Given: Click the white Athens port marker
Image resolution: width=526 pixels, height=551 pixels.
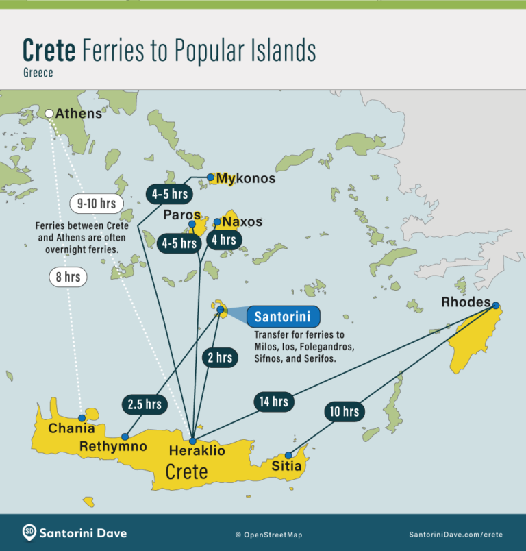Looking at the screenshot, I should (49, 114).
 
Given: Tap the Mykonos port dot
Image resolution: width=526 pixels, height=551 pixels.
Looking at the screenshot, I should (210, 177).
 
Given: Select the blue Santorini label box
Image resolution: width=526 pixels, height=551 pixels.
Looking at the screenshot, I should (283, 317).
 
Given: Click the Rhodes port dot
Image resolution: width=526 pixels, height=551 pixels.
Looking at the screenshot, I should (495, 306).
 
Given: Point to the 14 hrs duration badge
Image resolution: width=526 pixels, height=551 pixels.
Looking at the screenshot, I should (274, 402).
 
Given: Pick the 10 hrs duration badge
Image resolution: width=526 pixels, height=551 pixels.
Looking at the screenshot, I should (343, 411).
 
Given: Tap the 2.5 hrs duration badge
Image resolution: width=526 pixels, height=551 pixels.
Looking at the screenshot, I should (144, 404).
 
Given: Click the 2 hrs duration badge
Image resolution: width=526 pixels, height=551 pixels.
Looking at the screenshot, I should (219, 357).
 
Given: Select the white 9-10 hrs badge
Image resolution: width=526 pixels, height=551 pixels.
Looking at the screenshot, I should (97, 204).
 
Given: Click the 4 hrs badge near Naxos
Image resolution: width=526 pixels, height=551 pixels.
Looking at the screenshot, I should (223, 240).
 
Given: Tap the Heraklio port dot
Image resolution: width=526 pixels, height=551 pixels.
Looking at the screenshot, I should (193, 441).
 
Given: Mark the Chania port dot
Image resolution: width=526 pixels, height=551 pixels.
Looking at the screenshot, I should (82, 417).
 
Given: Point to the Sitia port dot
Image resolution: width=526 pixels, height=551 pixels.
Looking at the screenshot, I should (288, 455).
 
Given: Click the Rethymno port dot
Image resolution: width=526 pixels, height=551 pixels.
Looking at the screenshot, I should (125, 437).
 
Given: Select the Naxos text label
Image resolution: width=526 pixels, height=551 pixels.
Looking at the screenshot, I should (242, 222).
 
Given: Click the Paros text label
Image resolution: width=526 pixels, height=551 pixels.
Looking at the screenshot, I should (181, 215).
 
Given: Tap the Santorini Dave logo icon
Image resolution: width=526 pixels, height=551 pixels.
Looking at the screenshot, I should (29, 532).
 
